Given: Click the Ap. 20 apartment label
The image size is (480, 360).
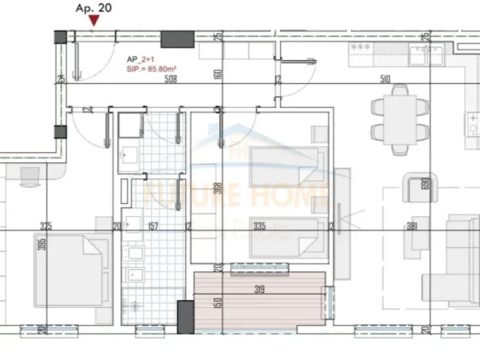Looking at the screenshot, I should tap(93, 10).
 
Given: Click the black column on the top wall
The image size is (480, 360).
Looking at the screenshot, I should tap(178, 39).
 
